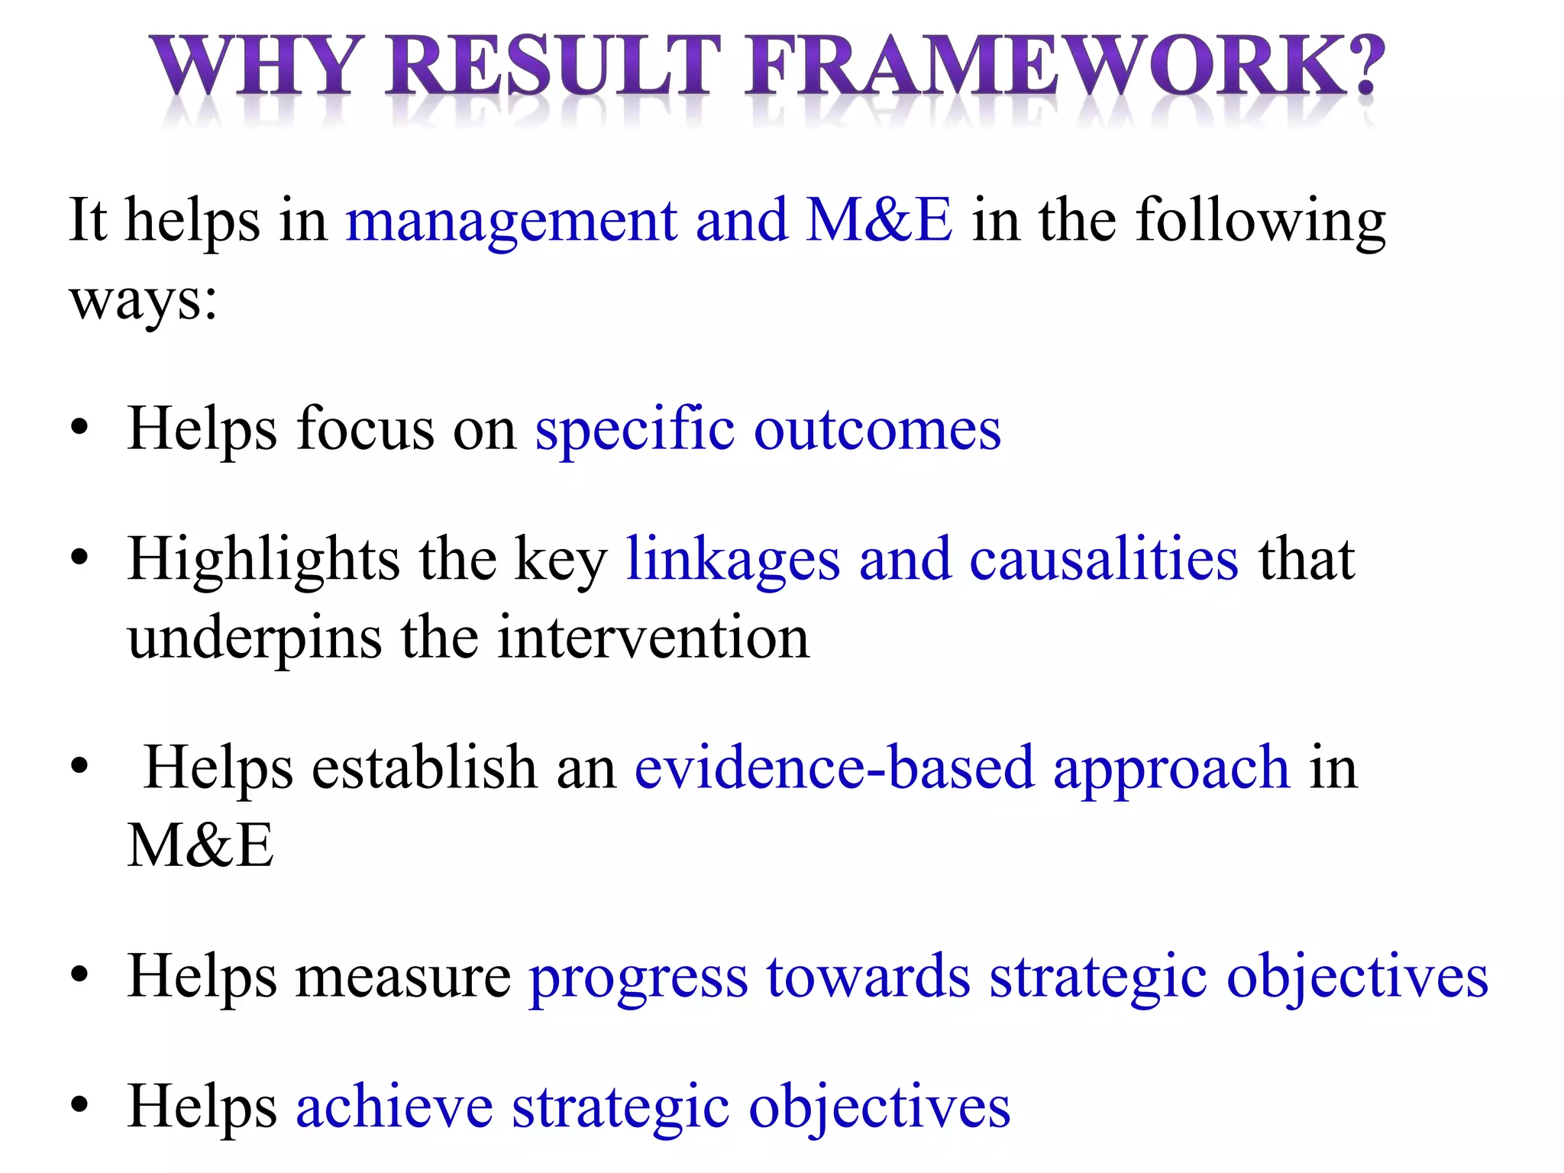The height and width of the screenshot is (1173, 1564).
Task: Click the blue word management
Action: pos(511,221)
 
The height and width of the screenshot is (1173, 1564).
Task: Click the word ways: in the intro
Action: pos(144,301)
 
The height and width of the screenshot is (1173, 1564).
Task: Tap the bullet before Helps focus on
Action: pos(79,429)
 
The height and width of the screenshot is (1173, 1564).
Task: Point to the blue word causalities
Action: pos(1104,560)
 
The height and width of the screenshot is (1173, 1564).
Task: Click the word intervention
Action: pos(653,638)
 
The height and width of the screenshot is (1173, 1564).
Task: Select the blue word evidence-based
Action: pos(834,767)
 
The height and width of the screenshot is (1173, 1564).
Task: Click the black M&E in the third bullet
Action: pos(200,845)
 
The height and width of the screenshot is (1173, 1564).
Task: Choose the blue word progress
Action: pos(638,978)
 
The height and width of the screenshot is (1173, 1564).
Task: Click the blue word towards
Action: pos(868,977)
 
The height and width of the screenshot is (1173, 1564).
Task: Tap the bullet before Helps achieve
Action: pos(79,1107)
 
